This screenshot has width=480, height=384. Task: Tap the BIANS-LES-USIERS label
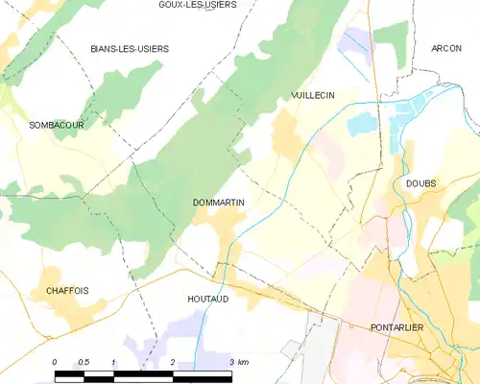(x=129, y=48)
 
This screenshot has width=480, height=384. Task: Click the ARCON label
(x=446, y=48)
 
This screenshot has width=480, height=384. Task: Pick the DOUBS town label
(x=420, y=183)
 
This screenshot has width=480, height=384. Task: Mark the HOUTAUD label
(x=207, y=299)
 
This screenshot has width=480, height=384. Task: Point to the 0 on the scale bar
(x=55, y=361)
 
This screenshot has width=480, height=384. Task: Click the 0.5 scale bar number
(x=84, y=361)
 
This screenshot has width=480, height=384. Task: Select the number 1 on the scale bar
(x=113, y=361)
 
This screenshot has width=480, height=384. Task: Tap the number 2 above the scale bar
(x=172, y=361)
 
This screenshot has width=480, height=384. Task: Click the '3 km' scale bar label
(x=239, y=361)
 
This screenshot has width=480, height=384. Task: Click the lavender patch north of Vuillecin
(x=356, y=42)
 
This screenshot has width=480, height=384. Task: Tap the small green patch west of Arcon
(x=392, y=43)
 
